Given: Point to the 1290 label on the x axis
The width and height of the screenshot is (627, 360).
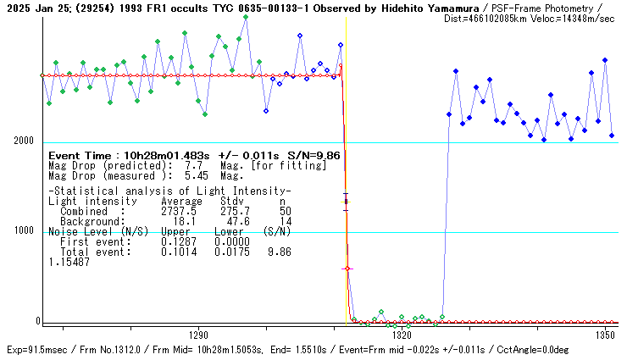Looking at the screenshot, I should tap(198, 335).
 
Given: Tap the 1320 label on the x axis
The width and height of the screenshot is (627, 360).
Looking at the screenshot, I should tap(402, 335).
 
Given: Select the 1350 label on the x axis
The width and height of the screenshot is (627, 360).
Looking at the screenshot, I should tap(605, 335).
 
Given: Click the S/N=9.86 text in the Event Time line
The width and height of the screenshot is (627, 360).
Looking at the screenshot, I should tap(313, 156).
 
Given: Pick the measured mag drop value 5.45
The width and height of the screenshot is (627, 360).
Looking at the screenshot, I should tap(197, 176).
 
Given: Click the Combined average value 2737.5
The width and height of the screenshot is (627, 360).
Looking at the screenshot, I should tap(178, 211).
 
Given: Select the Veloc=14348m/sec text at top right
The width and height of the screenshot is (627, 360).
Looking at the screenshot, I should tap(576, 18).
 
